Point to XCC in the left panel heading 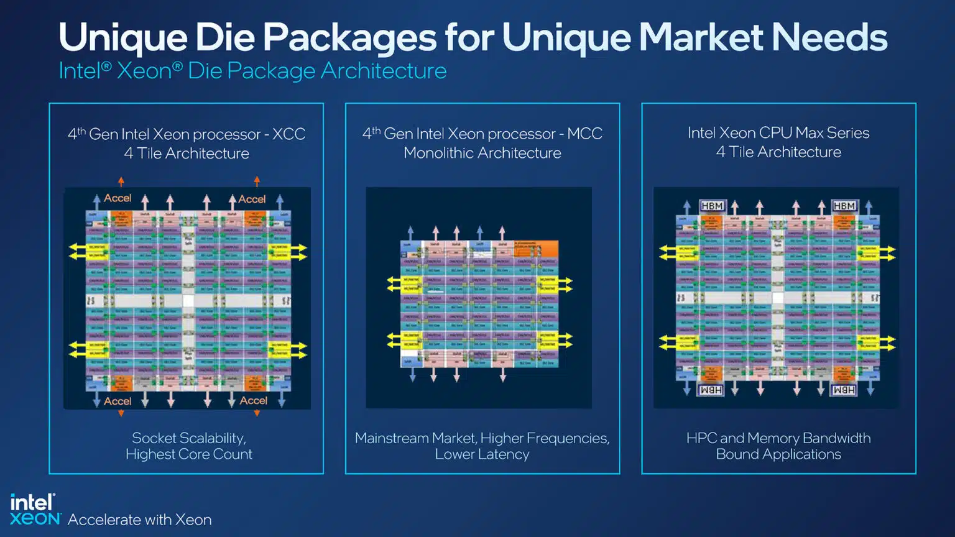click(289, 134)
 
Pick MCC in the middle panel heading click(584, 134)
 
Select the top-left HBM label click(712, 206)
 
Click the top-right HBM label click(844, 206)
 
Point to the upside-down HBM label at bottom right click(844, 390)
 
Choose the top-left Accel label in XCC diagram click(118, 198)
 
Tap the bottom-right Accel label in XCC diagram click(254, 401)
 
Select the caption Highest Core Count click(189, 454)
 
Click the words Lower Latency click(482, 454)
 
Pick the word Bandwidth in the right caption click(836, 438)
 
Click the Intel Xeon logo click(34, 510)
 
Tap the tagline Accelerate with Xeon click(140, 520)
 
